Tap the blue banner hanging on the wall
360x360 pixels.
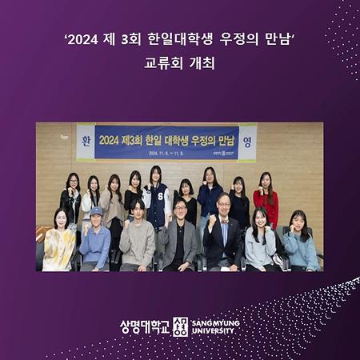click(166, 142)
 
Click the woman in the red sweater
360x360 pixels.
click(266, 204)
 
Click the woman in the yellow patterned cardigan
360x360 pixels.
click(61, 244)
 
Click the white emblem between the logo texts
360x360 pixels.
click(181, 326)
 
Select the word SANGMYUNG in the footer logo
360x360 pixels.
click(215, 322)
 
